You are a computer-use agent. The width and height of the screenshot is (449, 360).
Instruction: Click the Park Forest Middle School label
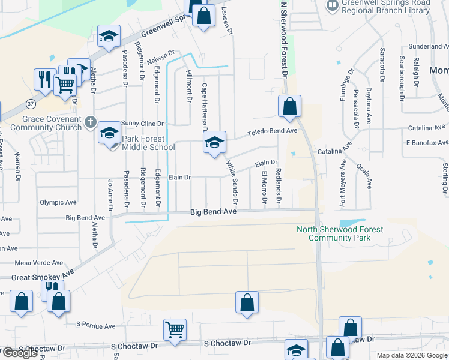pos(148,143)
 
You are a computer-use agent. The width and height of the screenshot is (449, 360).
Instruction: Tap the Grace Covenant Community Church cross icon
pos(91,122)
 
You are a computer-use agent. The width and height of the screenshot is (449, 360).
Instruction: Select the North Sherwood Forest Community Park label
pos(340,233)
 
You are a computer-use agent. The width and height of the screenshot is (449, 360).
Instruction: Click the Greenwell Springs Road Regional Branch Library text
pos(386,7)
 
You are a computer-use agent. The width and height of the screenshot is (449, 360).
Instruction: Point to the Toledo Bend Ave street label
pos(273,131)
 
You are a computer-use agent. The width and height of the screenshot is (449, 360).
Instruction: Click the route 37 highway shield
pos(31,104)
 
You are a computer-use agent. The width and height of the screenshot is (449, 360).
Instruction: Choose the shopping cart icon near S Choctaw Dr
pos(175,329)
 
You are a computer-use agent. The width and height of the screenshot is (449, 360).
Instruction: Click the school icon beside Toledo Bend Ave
pos(214,142)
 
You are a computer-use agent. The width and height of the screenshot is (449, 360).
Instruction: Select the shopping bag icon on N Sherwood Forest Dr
pos(289,107)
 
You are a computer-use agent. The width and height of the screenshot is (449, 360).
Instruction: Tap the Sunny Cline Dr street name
pos(143,123)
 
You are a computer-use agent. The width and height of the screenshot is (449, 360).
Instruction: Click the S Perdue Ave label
pos(95,326)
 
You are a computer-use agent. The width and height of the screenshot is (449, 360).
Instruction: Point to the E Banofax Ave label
pos(427,143)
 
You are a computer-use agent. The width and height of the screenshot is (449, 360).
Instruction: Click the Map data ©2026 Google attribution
pos(411,355)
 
